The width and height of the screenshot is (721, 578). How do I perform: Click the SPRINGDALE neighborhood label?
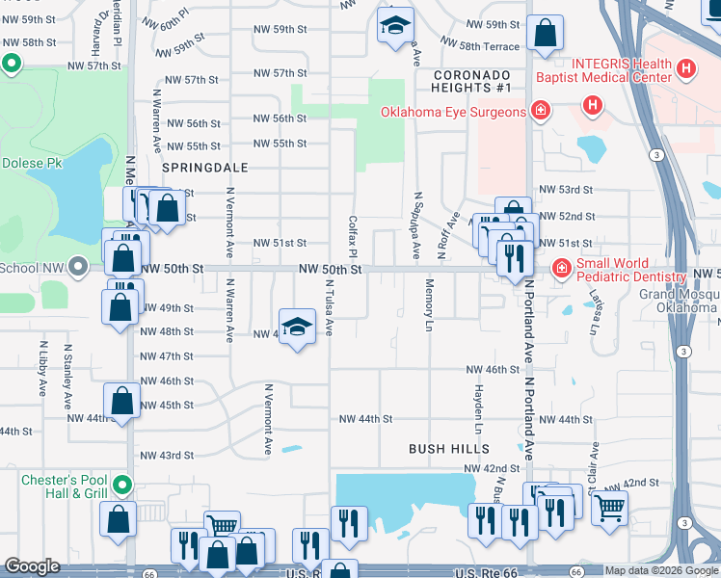pos(205,167)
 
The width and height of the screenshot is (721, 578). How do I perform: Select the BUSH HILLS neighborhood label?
pos(449,449)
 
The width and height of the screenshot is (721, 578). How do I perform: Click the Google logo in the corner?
pos(32,566)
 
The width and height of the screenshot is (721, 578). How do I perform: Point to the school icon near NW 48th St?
pos(298,328)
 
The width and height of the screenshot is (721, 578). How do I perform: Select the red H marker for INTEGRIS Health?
pos(685,68)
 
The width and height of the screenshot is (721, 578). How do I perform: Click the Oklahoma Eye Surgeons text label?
pos(453,112)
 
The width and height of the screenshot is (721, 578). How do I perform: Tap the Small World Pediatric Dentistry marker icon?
pos(560,267)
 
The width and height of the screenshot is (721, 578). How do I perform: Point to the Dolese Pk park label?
pos(31,163)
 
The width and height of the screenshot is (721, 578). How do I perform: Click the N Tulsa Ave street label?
pos(329,307)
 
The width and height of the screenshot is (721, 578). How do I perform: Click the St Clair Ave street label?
pos(595,463)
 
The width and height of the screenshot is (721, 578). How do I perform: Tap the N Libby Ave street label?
pos(43,368)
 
